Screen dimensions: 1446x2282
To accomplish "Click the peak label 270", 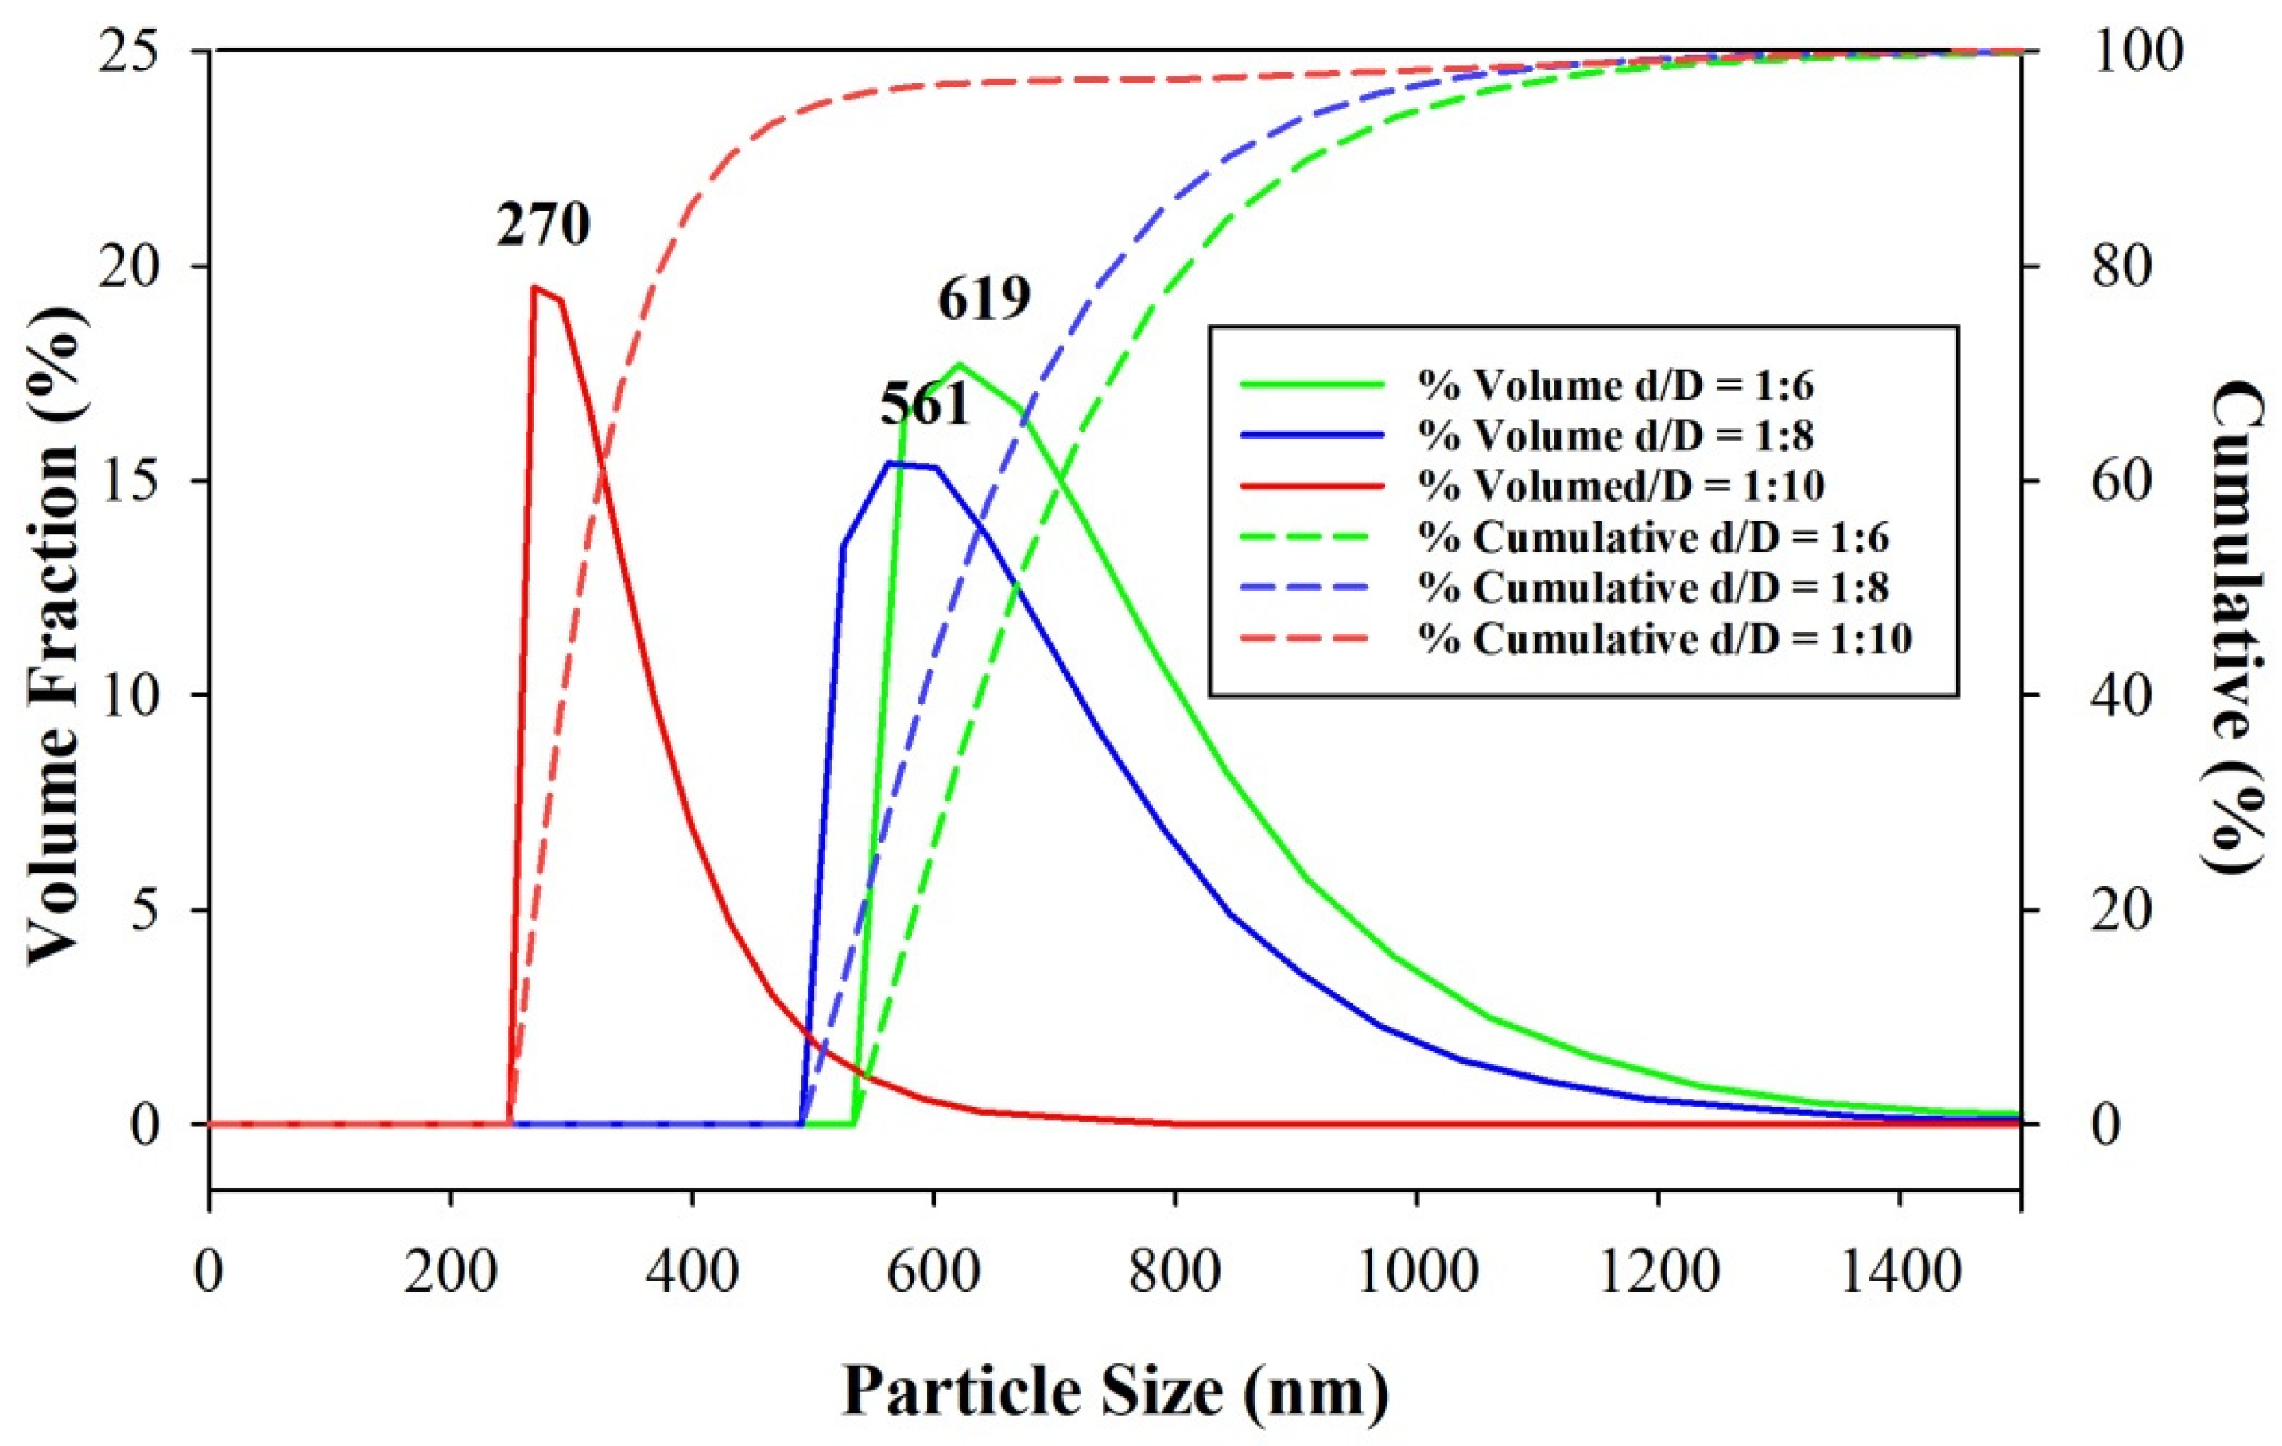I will click(543, 226).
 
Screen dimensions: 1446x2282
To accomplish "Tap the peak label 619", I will click(984, 300).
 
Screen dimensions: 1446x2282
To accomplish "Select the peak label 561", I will click(925, 405).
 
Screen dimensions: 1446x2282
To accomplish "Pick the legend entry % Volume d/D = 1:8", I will click(1615, 435).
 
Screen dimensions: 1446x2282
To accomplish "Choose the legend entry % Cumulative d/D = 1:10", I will click(1665, 638).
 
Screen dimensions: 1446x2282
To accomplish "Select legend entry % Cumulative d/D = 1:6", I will click(1654, 537).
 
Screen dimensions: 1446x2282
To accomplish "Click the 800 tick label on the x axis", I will click(1175, 1272).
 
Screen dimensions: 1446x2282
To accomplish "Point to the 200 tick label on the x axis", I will click(450, 1272).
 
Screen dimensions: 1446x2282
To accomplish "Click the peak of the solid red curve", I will click(534, 286).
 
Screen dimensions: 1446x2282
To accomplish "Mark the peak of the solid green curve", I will click(960, 364).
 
